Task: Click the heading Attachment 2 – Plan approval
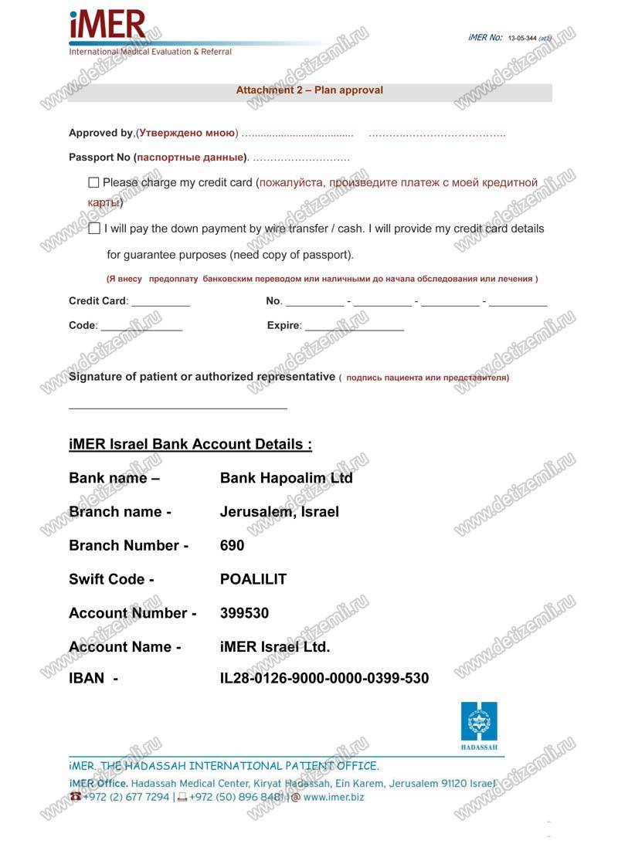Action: [309, 90]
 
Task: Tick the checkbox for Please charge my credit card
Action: [94, 183]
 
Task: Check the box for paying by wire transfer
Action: [94, 229]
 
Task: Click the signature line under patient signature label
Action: [178, 406]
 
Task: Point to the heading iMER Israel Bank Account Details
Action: [190, 445]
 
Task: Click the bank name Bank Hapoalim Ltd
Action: [286, 478]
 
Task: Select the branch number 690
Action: [232, 546]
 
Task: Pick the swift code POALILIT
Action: [253, 579]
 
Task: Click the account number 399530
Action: [244, 613]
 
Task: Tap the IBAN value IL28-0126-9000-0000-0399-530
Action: [324, 679]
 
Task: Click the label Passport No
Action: [100, 158]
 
